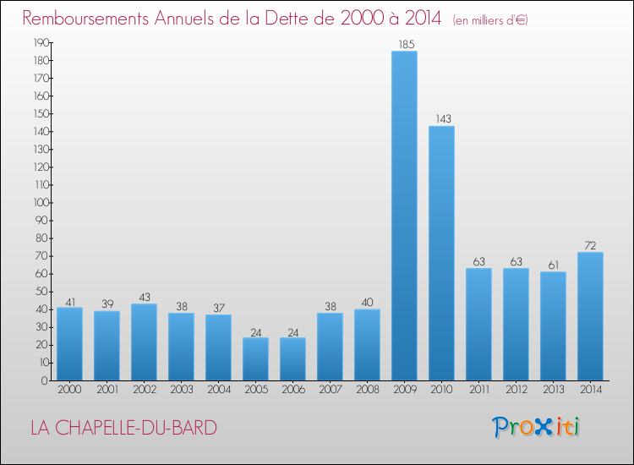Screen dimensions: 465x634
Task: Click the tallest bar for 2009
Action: (404, 216)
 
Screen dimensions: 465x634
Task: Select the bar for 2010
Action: (441, 254)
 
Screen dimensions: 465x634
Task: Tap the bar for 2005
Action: (255, 359)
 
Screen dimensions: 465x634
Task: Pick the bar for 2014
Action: (590, 316)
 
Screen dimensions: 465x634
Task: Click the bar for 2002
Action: (144, 342)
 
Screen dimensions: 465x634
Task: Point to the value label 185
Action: (404, 44)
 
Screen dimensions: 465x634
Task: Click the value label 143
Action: (441, 119)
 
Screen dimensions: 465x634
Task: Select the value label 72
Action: (590, 245)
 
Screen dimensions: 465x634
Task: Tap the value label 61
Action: (553, 265)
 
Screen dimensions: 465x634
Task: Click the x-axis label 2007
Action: (330, 389)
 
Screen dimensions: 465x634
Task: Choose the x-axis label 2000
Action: (69, 389)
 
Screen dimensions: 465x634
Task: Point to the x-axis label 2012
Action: (516, 389)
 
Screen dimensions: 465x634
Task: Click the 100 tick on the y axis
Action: (41, 203)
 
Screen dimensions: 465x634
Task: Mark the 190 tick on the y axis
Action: (41, 42)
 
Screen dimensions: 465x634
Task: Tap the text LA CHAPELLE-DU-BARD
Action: (123, 428)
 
